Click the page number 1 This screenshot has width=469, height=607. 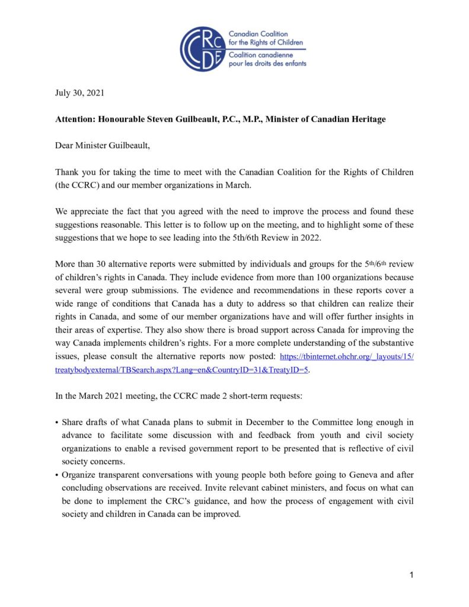(x=411, y=575)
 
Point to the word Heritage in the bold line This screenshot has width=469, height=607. (x=366, y=119)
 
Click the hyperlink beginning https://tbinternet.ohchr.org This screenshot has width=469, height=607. (x=346, y=356)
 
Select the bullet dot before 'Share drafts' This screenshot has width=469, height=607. (x=56, y=423)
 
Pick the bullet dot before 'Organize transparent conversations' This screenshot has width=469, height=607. (x=56, y=475)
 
